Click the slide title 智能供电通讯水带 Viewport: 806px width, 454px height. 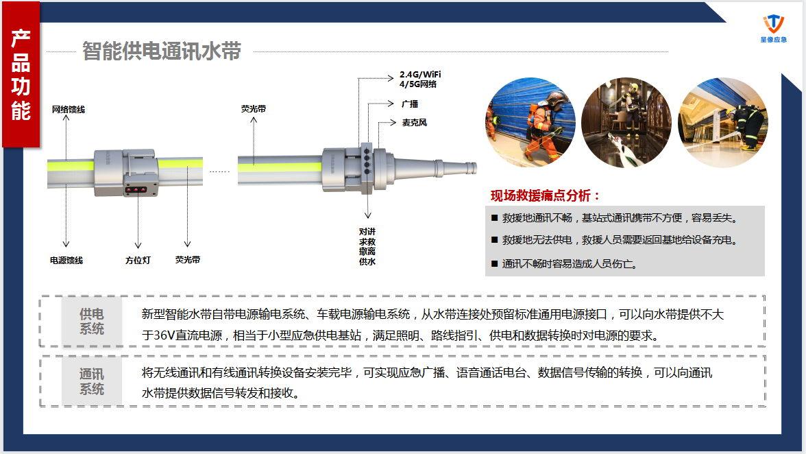(161, 51)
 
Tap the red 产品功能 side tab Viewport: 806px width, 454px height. (21, 75)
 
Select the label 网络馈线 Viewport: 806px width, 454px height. (69, 110)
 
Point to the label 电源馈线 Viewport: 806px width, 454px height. (66, 261)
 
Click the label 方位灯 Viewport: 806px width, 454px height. (138, 261)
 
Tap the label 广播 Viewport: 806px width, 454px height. (410, 104)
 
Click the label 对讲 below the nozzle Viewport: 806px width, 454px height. (367, 232)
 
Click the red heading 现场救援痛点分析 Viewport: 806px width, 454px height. (546, 195)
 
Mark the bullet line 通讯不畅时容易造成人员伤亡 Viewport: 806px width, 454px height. (569, 263)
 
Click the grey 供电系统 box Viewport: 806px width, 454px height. (92, 321)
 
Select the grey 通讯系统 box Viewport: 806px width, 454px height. (92, 381)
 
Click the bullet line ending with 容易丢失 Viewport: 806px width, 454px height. (619, 218)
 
